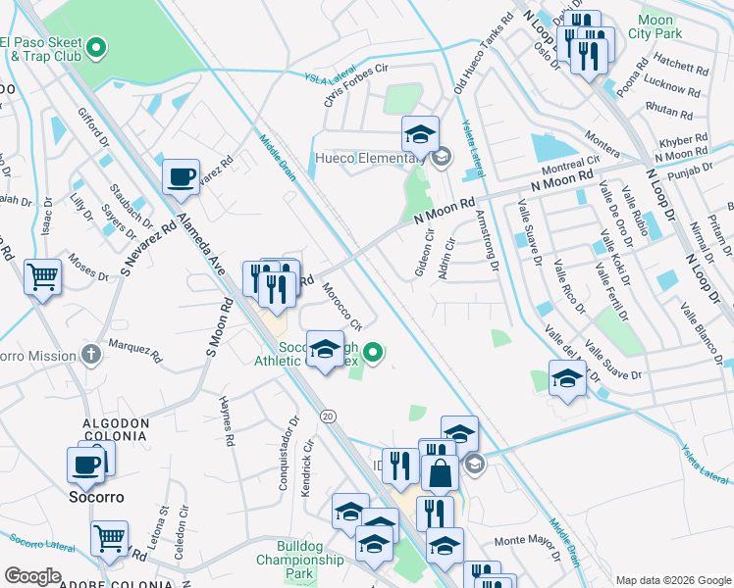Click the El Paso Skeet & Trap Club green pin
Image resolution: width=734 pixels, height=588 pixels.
pos(96,46)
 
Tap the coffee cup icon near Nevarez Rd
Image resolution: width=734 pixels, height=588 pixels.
pos(181,176)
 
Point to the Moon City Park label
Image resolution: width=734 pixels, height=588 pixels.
pos(655,26)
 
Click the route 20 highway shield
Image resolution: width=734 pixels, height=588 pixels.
pos(328,416)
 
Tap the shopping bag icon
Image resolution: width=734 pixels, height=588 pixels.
pos(441,473)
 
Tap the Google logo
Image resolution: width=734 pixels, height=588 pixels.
pos(32,575)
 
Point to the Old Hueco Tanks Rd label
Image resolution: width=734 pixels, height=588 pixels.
pos(483,54)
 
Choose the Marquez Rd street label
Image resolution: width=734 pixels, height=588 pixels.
pos(134,347)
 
